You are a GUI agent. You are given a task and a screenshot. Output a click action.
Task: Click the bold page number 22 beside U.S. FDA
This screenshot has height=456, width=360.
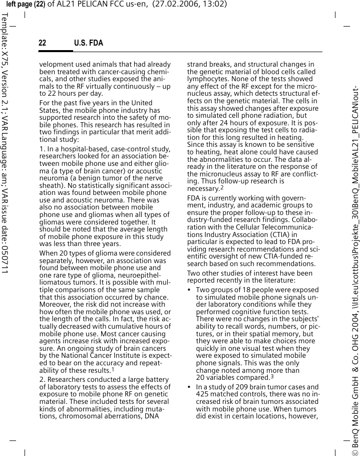pyautogui.click(x=43, y=43)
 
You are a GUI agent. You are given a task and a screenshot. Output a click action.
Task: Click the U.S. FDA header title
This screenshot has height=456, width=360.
pyautogui.click(x=89, y=43)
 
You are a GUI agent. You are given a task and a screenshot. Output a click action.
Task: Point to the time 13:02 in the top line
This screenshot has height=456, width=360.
pyautogui.click(x=215, y=5)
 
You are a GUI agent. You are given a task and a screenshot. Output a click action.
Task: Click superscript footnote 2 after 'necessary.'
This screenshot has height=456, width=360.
pyautogui.click(x=222, y=187)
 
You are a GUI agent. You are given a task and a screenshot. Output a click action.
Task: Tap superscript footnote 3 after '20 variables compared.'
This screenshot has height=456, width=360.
pyautogui.click(x=272, y=376)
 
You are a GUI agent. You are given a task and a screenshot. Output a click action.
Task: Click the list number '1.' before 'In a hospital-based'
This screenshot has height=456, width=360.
pyautogui.click(x=42, y=149)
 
